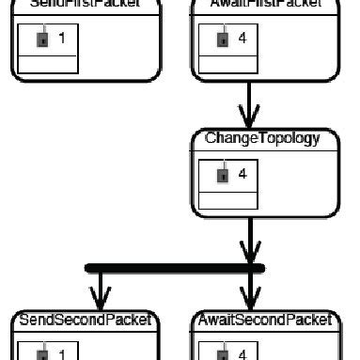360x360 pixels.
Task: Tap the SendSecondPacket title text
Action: (x=86, y=321)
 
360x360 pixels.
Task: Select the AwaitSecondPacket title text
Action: (x=266, y=321)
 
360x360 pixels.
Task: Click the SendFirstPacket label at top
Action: (x=86, y=4)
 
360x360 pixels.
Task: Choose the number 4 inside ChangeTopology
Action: (x=243, y=175)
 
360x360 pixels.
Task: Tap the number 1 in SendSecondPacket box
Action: (x=61, y=355)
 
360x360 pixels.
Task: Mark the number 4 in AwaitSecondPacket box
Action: (x=243, y=355)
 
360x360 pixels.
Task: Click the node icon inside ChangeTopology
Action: (x=222, y=175)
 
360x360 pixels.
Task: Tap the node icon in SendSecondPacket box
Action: (x=40, y=355)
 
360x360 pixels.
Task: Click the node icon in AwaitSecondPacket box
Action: (x=222, y=355)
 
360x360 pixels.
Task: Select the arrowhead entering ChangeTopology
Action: (x=249, y=117)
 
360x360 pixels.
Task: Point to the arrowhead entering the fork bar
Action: (x=249, y=252)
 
